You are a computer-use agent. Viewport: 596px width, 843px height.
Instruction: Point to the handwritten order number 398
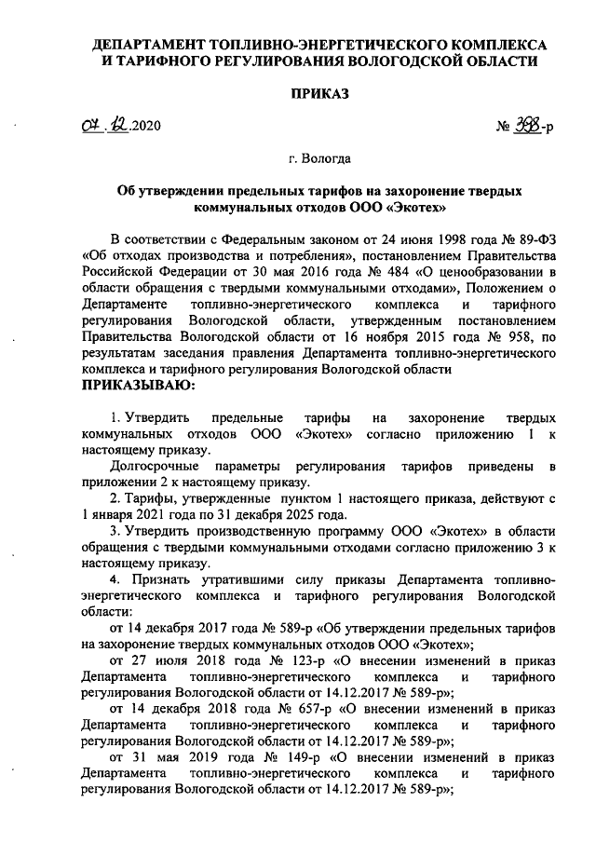pyautogui.click(x=526, y=129)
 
